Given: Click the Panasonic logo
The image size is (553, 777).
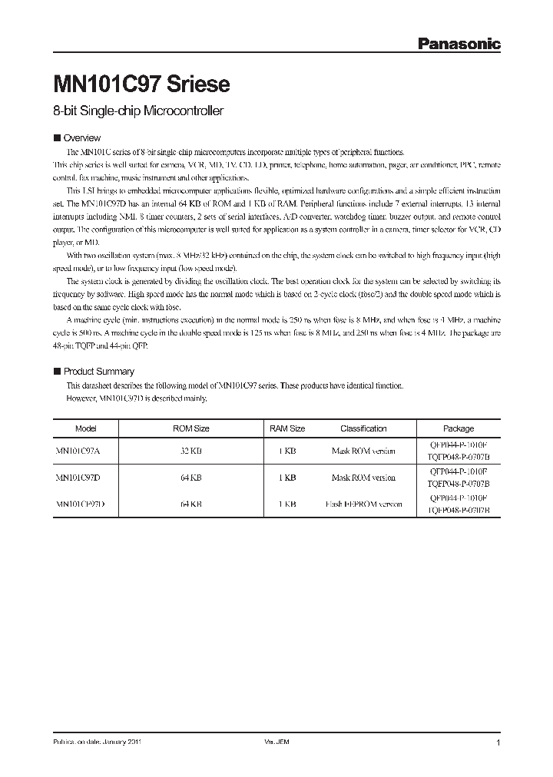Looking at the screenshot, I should click(459, 45).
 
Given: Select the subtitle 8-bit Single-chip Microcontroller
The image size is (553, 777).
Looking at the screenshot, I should click(138, 111).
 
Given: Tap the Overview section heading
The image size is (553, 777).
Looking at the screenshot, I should click(81, 138).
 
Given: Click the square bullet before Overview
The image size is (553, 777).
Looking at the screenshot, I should click(56, 138).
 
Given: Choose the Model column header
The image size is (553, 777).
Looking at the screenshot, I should click(86, 428).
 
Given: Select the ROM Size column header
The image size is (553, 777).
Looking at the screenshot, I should click(190, 428).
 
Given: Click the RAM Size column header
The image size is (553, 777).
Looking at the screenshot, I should click(287, 428).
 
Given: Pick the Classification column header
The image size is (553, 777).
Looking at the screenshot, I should click(363, 428).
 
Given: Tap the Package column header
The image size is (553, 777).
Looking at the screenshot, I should click(459, 428).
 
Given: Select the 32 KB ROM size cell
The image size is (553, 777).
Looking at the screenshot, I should click(190, 451).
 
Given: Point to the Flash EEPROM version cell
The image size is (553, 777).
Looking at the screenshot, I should click(363, 504).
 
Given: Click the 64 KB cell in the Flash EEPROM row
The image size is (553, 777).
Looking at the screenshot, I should click(190, 504).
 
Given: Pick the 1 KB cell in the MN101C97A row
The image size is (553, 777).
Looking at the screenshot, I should click(287, 451).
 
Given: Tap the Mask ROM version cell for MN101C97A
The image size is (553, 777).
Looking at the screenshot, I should click(363, 451).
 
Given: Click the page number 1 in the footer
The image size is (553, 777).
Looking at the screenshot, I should click(498, 743).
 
